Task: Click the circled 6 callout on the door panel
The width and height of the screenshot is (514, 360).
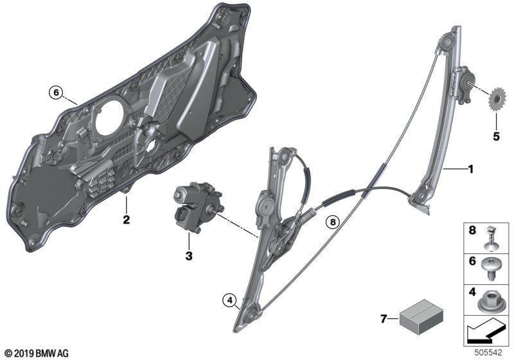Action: tap(56, 93)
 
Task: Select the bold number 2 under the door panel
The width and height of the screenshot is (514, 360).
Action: tap(126, 219)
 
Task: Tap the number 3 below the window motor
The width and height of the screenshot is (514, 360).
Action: tap(189, 256)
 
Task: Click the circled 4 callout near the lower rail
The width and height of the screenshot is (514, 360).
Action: tap(229, 300)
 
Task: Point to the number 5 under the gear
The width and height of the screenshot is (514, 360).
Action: tap(496, 136)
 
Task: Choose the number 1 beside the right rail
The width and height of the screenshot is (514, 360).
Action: tap(471, 169)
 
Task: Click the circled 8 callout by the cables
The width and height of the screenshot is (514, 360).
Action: tap(333, 222)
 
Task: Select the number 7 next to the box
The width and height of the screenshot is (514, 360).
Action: tap(384, 319)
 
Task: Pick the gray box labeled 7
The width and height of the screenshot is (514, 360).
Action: tap(421, 317)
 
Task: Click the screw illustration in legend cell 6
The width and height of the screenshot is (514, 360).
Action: tap(490, 268)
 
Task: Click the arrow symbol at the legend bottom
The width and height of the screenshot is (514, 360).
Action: tap(486, 331)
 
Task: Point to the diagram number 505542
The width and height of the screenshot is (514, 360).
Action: tap(488, 352)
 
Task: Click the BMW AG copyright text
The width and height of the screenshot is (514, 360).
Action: tap(37, 354)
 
